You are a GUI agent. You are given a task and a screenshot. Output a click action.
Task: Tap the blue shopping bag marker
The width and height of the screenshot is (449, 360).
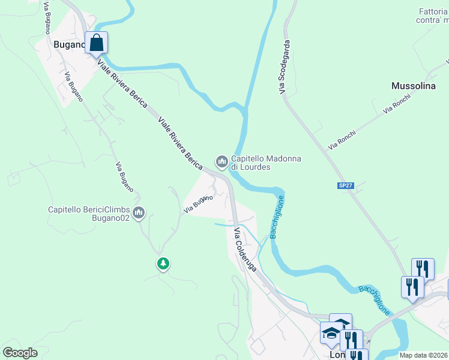point(96,43)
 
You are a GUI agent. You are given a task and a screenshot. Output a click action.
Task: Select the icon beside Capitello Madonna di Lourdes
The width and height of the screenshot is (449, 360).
point(221,161)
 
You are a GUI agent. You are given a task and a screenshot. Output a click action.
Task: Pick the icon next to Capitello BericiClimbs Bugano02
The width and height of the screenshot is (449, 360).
point(139,212)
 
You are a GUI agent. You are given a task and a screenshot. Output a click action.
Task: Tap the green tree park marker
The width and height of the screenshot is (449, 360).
point(163,263)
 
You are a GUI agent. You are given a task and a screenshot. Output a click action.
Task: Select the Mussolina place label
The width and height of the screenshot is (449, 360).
point(413,86)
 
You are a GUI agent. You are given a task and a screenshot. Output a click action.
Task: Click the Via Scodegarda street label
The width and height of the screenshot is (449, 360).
point(287,67)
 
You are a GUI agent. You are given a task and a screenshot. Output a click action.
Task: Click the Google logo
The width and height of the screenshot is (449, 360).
point(20,353)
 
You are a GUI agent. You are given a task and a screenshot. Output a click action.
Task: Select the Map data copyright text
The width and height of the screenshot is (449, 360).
point(424,355)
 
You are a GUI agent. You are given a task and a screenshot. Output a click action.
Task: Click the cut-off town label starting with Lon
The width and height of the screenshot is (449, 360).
point(338,355)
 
